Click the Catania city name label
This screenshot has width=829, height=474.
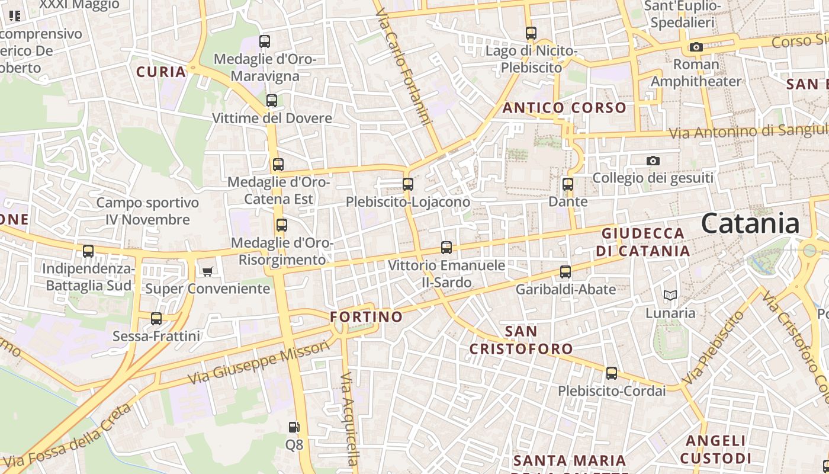750,224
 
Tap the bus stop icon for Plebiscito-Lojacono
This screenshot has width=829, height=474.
408,184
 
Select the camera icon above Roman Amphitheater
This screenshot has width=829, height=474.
696,47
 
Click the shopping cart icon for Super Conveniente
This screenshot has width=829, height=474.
207,271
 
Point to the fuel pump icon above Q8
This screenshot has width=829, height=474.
294,427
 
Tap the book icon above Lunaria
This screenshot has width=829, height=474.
670,295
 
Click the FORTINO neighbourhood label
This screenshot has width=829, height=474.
366,317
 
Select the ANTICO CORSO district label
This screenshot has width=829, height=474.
564,108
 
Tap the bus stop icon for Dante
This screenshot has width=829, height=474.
568,184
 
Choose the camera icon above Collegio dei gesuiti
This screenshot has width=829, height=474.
653,161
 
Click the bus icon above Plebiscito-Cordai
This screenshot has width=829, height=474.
612,374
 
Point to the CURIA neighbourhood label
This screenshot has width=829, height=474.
161,72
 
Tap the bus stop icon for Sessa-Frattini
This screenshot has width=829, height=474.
156,319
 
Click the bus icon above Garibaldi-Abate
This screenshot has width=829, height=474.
565,272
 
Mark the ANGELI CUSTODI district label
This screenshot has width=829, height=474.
716,449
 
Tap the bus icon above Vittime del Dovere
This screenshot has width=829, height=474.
272,101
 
